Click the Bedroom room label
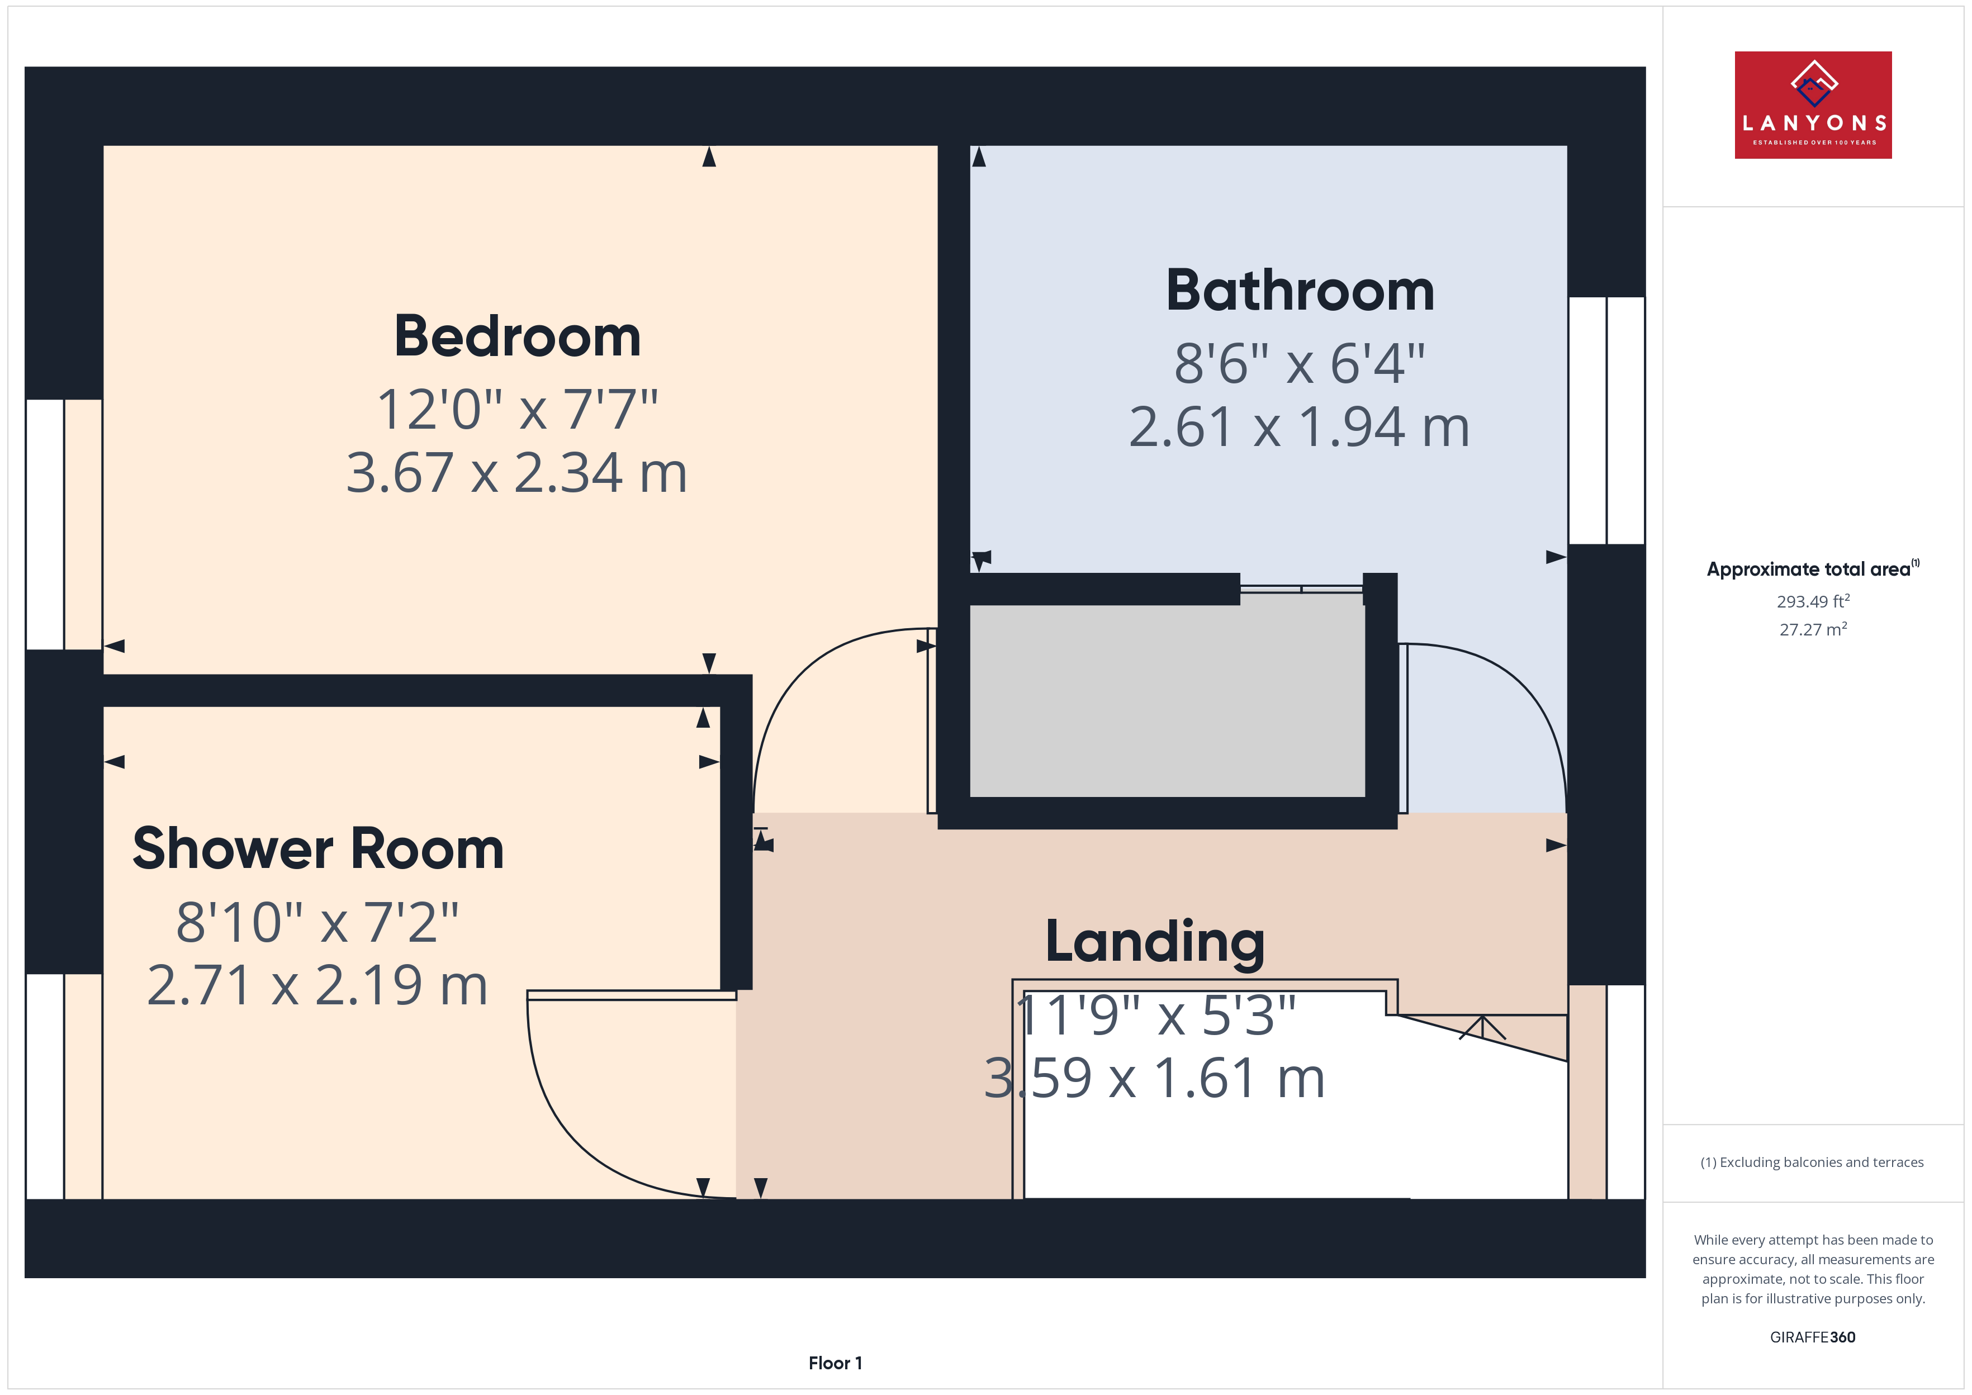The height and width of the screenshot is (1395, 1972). coord(517,336)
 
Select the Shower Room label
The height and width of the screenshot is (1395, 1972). coord(318,849)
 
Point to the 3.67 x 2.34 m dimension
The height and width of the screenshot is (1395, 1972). coord(517,473)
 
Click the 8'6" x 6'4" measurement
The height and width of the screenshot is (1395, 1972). coord(1300,363)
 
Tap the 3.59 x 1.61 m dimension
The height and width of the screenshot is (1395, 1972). coord(1154,1079)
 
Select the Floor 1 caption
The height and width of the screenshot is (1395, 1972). coord(835,1363)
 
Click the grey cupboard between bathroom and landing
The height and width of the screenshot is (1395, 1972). coord(1167,700)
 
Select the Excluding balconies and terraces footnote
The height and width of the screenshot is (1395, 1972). coord(1812,1162)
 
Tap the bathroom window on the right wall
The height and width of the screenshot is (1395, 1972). coord(1606,421)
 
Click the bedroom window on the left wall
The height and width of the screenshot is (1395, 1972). coord(64,524)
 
